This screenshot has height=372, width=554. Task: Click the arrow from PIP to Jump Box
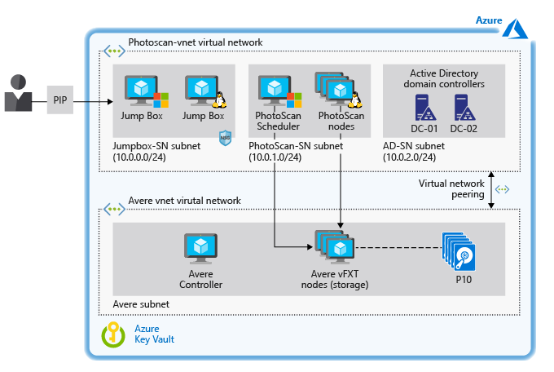(95, 102)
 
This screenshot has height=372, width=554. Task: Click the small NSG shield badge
(226, 139)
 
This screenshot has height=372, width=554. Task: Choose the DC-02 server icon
(462, 107)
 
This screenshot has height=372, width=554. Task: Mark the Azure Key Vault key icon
(112, 334)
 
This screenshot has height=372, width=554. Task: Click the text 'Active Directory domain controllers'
(447, 78)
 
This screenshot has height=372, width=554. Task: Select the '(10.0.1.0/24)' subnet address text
(279, 157)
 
